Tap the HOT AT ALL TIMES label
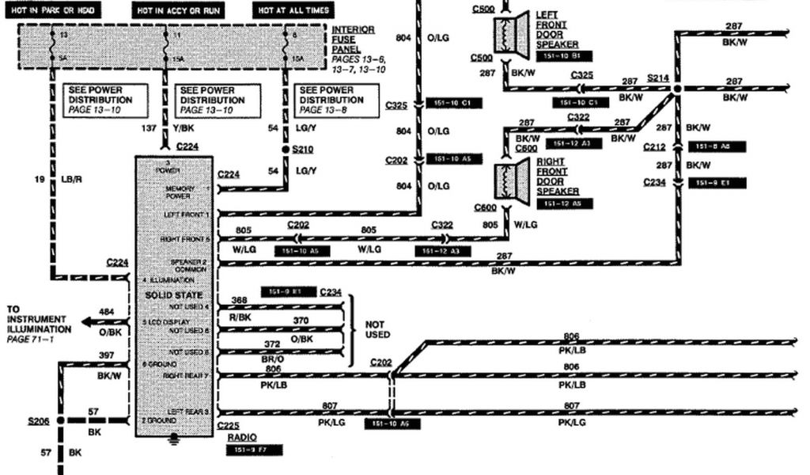click(x=292, y=11)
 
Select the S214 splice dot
click(x=676, y=90)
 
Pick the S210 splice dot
click(x=286, y=148)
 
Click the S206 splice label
click(x=38, y=421)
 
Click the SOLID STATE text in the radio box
click(x=165, y=295)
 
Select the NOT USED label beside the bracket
click(x=378, y=329)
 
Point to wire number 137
click(x=148, y=127)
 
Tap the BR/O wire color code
click(x=272, y=359)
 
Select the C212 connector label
click(x=653, y=146)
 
